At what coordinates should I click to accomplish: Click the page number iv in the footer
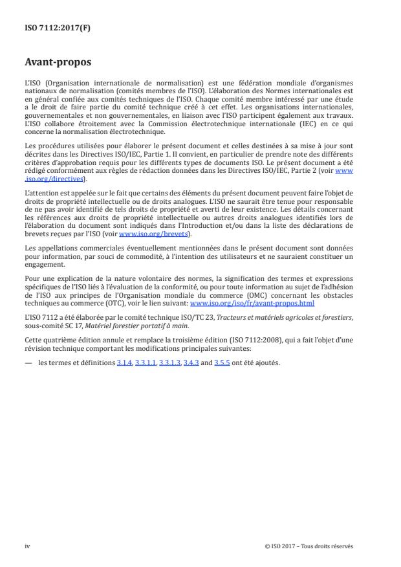coord(27,546)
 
